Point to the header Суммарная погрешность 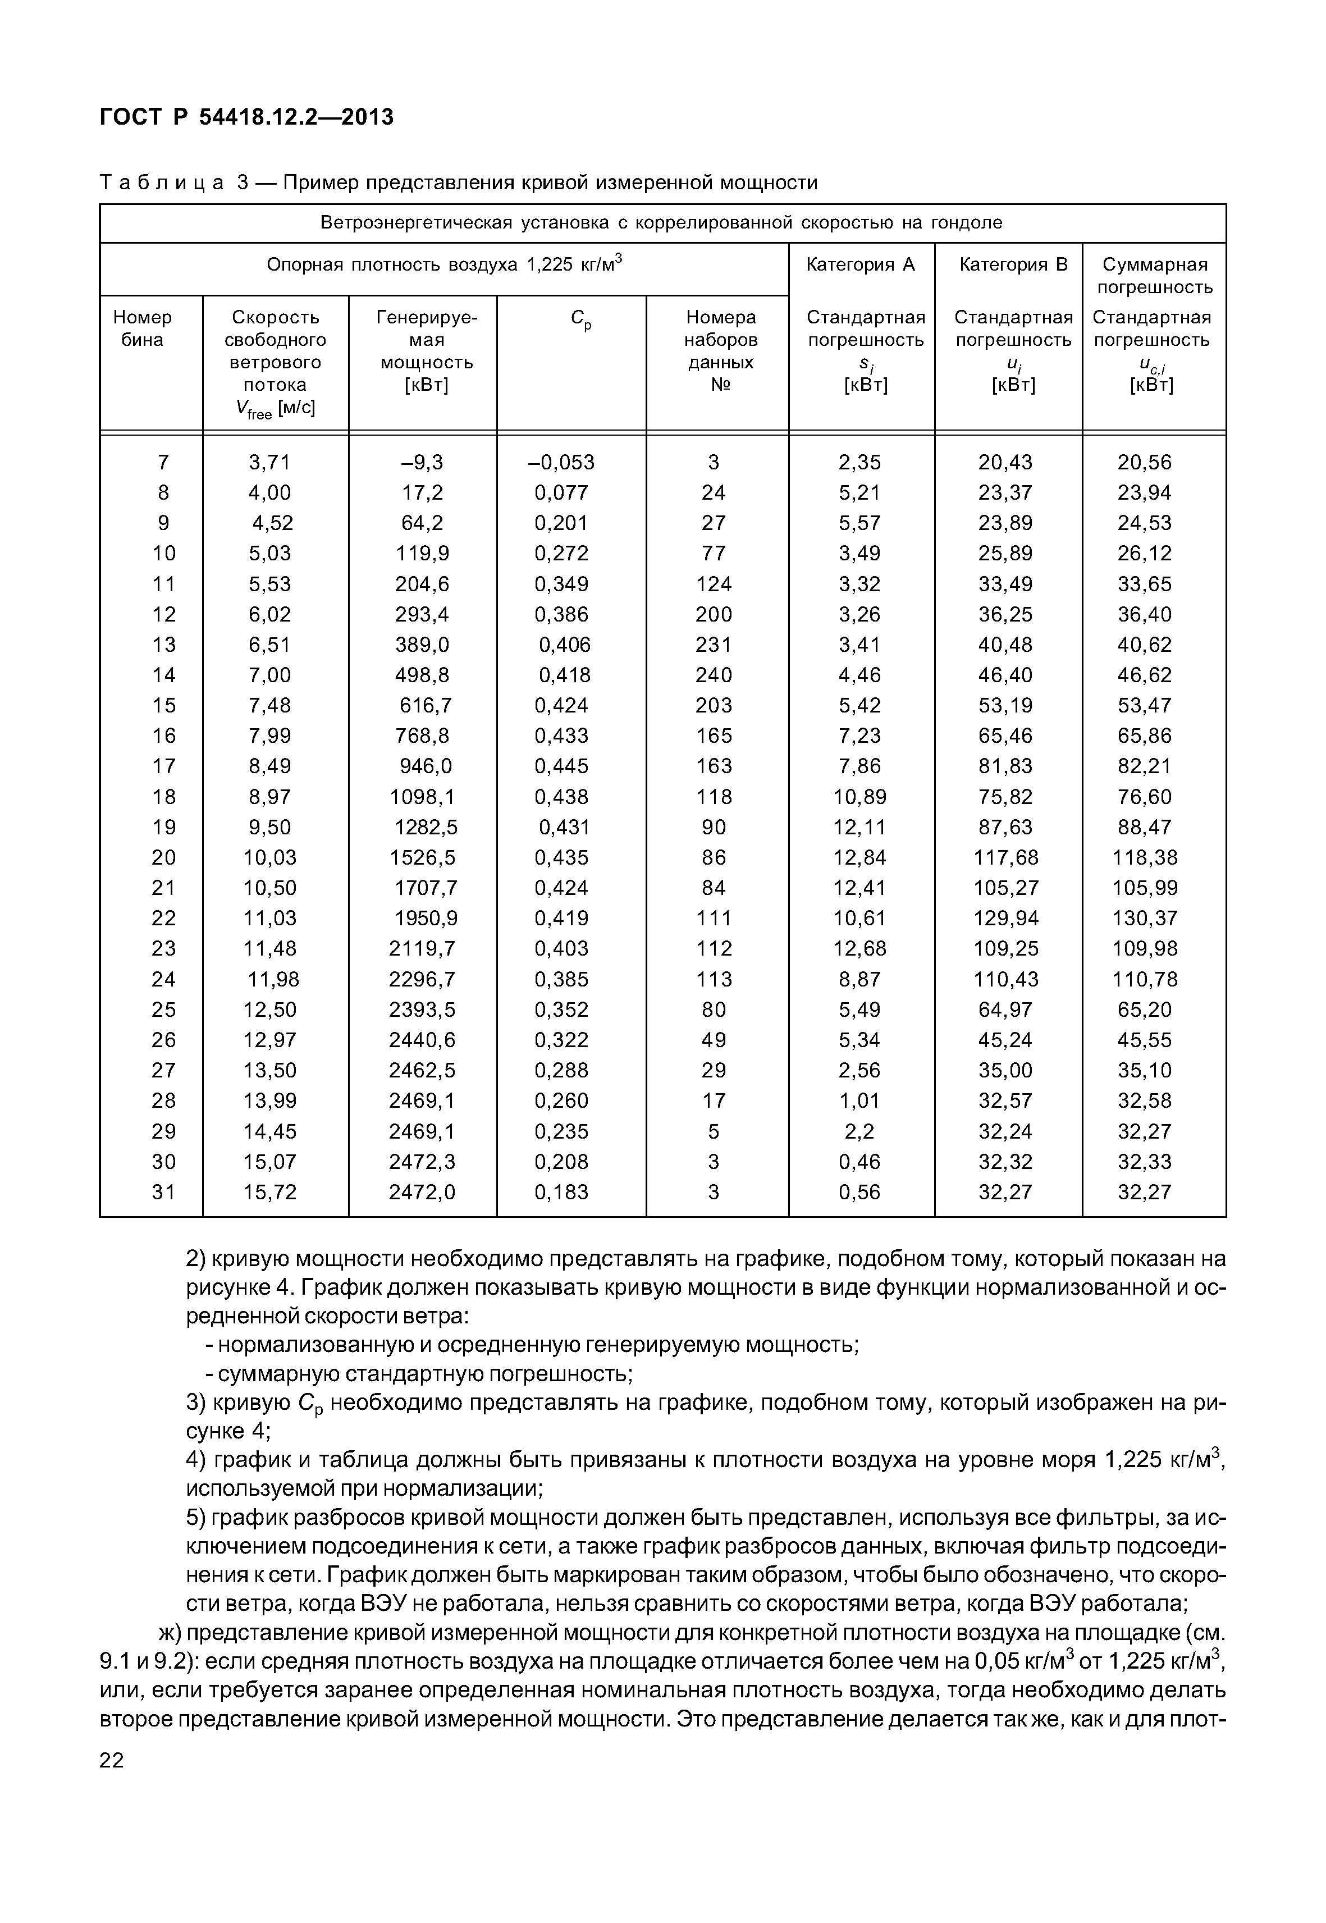[1154, 275]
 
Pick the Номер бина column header [143, 328]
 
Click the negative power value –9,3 [422, 462]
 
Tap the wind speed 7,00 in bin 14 [270, 675]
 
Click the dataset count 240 [714, 675]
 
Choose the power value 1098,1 [422, 797]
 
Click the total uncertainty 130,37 [1145, 919]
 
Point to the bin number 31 [164, 1191]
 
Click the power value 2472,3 [422, 1162]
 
